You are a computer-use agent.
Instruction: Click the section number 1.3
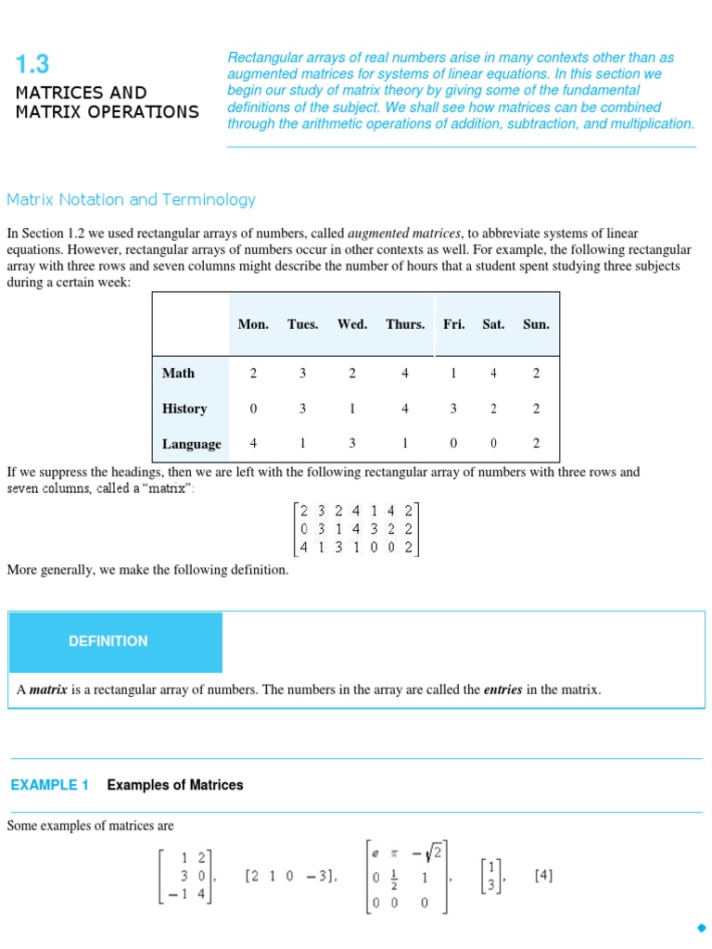[x=32, y=64]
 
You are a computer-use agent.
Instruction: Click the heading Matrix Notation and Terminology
[x=131, y=199]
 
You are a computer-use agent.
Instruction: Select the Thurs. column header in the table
[x=405, y=324]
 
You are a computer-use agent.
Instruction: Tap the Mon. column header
[x=253, y=324]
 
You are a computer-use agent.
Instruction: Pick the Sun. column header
[x=536, y=324]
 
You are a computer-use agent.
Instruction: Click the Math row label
[x=178, y=373]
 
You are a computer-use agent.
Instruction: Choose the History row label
[x=184, y=409]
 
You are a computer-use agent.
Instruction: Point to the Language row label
[x=192, y=444]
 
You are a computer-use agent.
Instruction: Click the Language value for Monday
[x=253, y=443]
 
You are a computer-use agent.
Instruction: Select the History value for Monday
[x=253, y=409]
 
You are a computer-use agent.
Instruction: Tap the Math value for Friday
[x=453, y=373]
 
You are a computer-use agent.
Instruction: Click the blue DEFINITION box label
[x=108, y=641]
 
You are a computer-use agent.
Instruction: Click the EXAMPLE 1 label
[x=50, y=785]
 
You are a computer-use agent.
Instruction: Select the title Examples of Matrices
[x=175, y=785]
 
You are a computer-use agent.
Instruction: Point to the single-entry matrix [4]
[x=544, y=875]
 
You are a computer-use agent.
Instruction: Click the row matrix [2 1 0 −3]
[x=290, y=876]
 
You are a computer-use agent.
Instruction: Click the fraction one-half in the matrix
[x=393, y=876]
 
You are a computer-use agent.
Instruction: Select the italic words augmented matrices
[x=404, y=234]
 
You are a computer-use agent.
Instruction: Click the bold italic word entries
[x=502, y=690]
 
